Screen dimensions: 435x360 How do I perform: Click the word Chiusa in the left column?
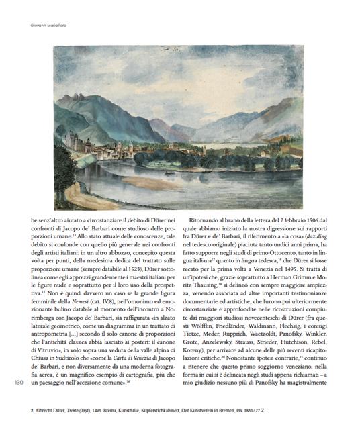[x=43, y=358]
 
